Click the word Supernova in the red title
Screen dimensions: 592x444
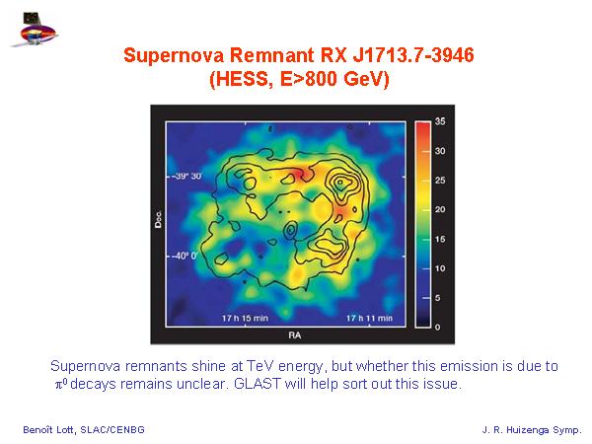[x=174, y=56]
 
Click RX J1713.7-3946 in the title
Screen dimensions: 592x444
[x=398, y=55]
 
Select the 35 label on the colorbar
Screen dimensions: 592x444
[x=440, y=121]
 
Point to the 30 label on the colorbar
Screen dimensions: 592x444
[x=440, y=151]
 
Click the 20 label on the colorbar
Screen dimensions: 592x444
[x=440, y=209]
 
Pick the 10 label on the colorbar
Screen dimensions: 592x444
[x=440, y=268]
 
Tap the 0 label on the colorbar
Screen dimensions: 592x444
[x=437, y=328]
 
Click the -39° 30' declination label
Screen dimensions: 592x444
[x=186, y=177]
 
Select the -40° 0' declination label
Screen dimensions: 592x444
[x=185, y=256]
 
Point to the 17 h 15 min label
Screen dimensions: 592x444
[x=245, y=319]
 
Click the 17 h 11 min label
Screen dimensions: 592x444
[x=370, y=319]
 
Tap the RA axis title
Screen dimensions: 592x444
[x=295, y=335]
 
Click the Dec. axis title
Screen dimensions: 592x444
[x=158, y=219]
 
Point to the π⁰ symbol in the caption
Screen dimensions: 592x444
[x=61, y=384]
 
